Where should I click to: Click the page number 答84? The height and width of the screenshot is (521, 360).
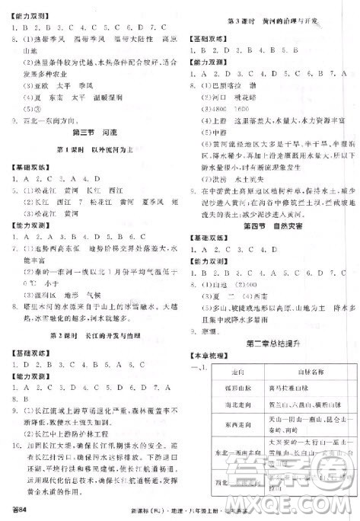18,508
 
